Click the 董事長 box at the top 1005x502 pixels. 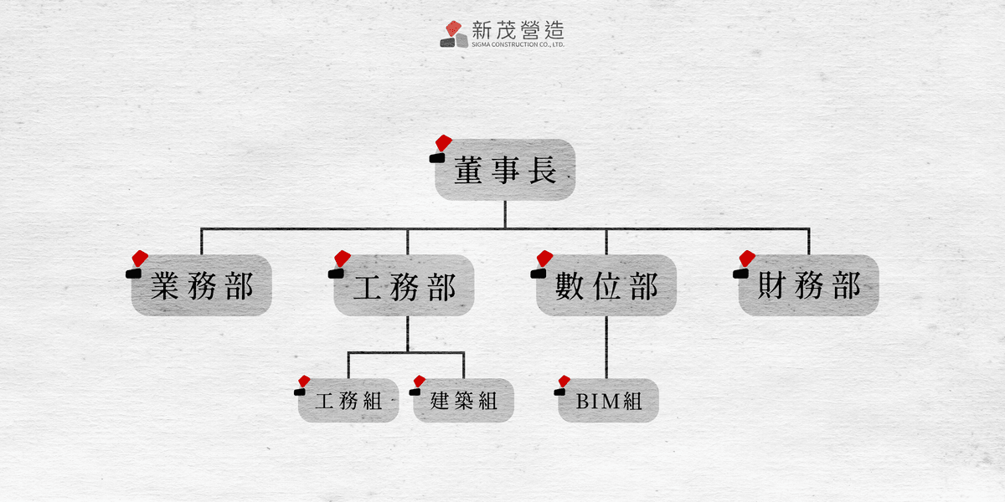(x=505, y=169)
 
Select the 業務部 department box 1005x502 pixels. (x=202, y=285)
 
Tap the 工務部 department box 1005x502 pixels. (x=404, y=285)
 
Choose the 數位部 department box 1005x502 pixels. (x=606, y=285)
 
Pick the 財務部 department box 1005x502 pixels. (x=808, y=285)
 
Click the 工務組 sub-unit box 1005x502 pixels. (x=348, y=400)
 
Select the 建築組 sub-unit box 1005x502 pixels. (x=463, y=400)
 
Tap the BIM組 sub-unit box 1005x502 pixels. (x=608, y=400)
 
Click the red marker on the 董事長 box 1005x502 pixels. (x=443, y=143)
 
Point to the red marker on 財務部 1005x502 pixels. (x=747, y=259)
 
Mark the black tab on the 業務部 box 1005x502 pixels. (x=134, y=274)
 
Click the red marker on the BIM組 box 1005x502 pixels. (x=564, y=382)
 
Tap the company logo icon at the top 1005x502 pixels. (x=454, y=34)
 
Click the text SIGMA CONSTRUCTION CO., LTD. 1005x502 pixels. (x=518, y=44)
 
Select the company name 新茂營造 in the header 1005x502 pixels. (x=518, y=30)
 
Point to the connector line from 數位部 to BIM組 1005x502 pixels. (x=606, y=347)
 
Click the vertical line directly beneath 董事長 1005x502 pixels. (x=505, y=214)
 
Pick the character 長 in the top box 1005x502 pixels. (x=543, y=170)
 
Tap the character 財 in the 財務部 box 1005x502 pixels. (x=771, y=285)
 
